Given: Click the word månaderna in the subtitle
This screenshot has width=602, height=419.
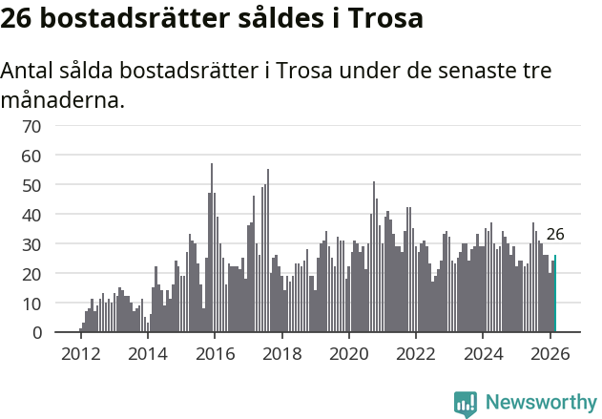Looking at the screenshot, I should (63, 99).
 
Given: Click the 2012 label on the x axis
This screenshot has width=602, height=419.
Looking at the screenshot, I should (80, 353).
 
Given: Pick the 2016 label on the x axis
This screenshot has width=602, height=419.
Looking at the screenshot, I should (214, 353).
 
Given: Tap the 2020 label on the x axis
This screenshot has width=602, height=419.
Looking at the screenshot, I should (348, 353).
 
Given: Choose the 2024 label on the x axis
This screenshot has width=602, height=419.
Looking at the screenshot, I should (483, 353).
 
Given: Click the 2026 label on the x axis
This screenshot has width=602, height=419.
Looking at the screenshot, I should (550, 353).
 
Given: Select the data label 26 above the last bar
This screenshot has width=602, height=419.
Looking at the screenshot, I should (555, 234).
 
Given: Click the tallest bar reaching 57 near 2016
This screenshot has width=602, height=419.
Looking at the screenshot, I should (212, 248).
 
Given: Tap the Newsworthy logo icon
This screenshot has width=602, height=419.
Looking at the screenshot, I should (466, 403).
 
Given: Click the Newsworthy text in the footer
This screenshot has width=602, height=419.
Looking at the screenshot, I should (541, 403).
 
